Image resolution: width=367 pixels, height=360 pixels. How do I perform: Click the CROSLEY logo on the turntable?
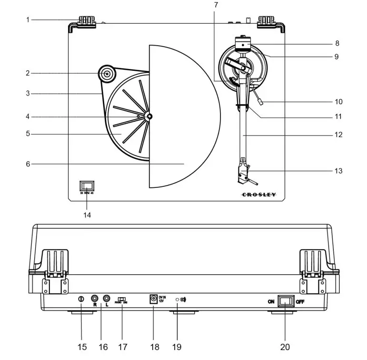point(258,195)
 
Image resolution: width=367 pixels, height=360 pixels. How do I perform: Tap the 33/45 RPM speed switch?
point(87,186)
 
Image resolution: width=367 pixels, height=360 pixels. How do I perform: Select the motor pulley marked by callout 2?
point(106,74)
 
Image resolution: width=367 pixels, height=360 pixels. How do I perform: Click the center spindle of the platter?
point(149,117)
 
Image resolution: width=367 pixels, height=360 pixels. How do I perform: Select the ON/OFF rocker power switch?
point(286,301)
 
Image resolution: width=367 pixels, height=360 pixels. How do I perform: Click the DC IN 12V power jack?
point(153,299)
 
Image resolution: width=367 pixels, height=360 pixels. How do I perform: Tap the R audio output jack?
point(95,299)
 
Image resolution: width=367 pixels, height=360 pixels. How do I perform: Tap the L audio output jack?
point(107,299)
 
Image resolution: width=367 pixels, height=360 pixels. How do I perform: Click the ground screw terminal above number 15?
point(81,299)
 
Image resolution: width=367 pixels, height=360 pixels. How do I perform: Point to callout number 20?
point(285,347)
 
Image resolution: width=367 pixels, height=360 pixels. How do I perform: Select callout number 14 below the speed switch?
point(87,214)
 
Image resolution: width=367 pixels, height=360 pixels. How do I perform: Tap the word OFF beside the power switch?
point(300,301)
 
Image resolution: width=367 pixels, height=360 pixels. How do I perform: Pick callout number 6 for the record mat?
point(28,164)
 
